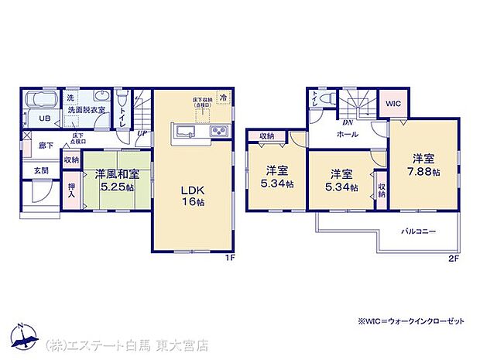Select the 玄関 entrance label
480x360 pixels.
coord(41,170)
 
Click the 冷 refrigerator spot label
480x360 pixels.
coord(223,98)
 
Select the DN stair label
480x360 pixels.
coord(348,121)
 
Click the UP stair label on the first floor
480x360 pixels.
coord(142,133)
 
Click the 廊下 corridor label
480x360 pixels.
coord(45,145)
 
